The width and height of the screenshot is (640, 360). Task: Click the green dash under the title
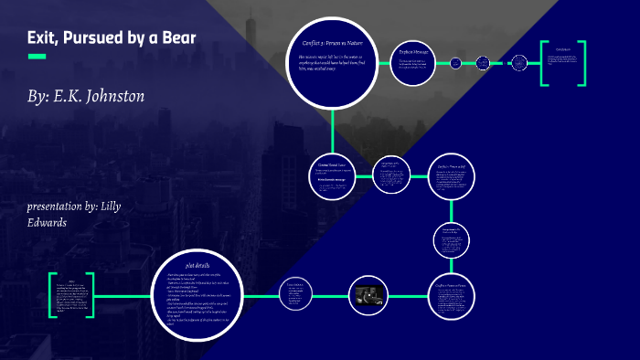click(37, 57)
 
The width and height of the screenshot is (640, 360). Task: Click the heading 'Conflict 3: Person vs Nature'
click(335, 42)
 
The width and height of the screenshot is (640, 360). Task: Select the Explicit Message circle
click(414, 62)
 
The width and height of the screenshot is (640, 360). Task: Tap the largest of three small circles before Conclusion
click(519, 63)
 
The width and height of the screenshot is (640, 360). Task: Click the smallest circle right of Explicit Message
click(482, 63)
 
